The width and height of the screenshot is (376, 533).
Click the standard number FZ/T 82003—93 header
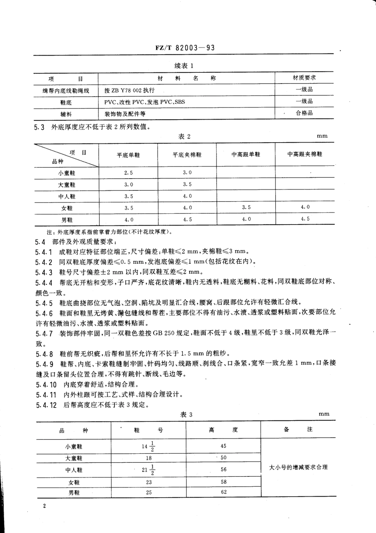click(185, 48)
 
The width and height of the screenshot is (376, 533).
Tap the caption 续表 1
click(184, 66)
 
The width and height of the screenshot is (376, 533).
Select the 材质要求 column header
click(304, 78)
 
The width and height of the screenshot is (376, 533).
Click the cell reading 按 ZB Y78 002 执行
click(129, 90)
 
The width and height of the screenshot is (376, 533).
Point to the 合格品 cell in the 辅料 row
click(304, 113)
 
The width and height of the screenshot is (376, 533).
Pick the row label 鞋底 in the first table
click(66, 103)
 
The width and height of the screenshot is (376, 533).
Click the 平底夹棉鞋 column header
click(187, 155)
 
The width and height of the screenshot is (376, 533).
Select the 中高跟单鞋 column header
click(246, 154)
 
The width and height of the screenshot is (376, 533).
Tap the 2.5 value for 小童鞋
click(128, 173)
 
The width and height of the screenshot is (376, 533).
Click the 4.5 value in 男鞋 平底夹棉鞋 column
click(187, 219)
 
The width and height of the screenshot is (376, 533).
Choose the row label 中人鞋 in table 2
click(66, 196)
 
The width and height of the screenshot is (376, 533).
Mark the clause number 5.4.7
click(44, 333)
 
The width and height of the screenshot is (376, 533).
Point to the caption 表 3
click(186, 415)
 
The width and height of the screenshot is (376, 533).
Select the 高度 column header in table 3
click(224, 430)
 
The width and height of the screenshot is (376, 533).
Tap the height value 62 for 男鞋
click(224, 492)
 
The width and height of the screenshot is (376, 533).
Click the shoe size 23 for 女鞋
click(149, 482)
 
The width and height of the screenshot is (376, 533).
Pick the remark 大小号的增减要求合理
click(298, 467)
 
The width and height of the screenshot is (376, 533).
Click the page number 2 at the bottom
click(44, 506)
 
